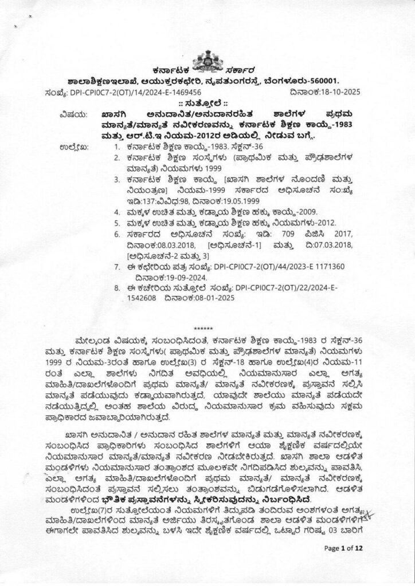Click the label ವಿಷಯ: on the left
(x=69, y=114)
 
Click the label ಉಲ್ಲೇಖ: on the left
(x=73, y=148)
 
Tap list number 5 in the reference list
(x=116, y=223)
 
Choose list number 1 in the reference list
(x=116, y=147)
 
